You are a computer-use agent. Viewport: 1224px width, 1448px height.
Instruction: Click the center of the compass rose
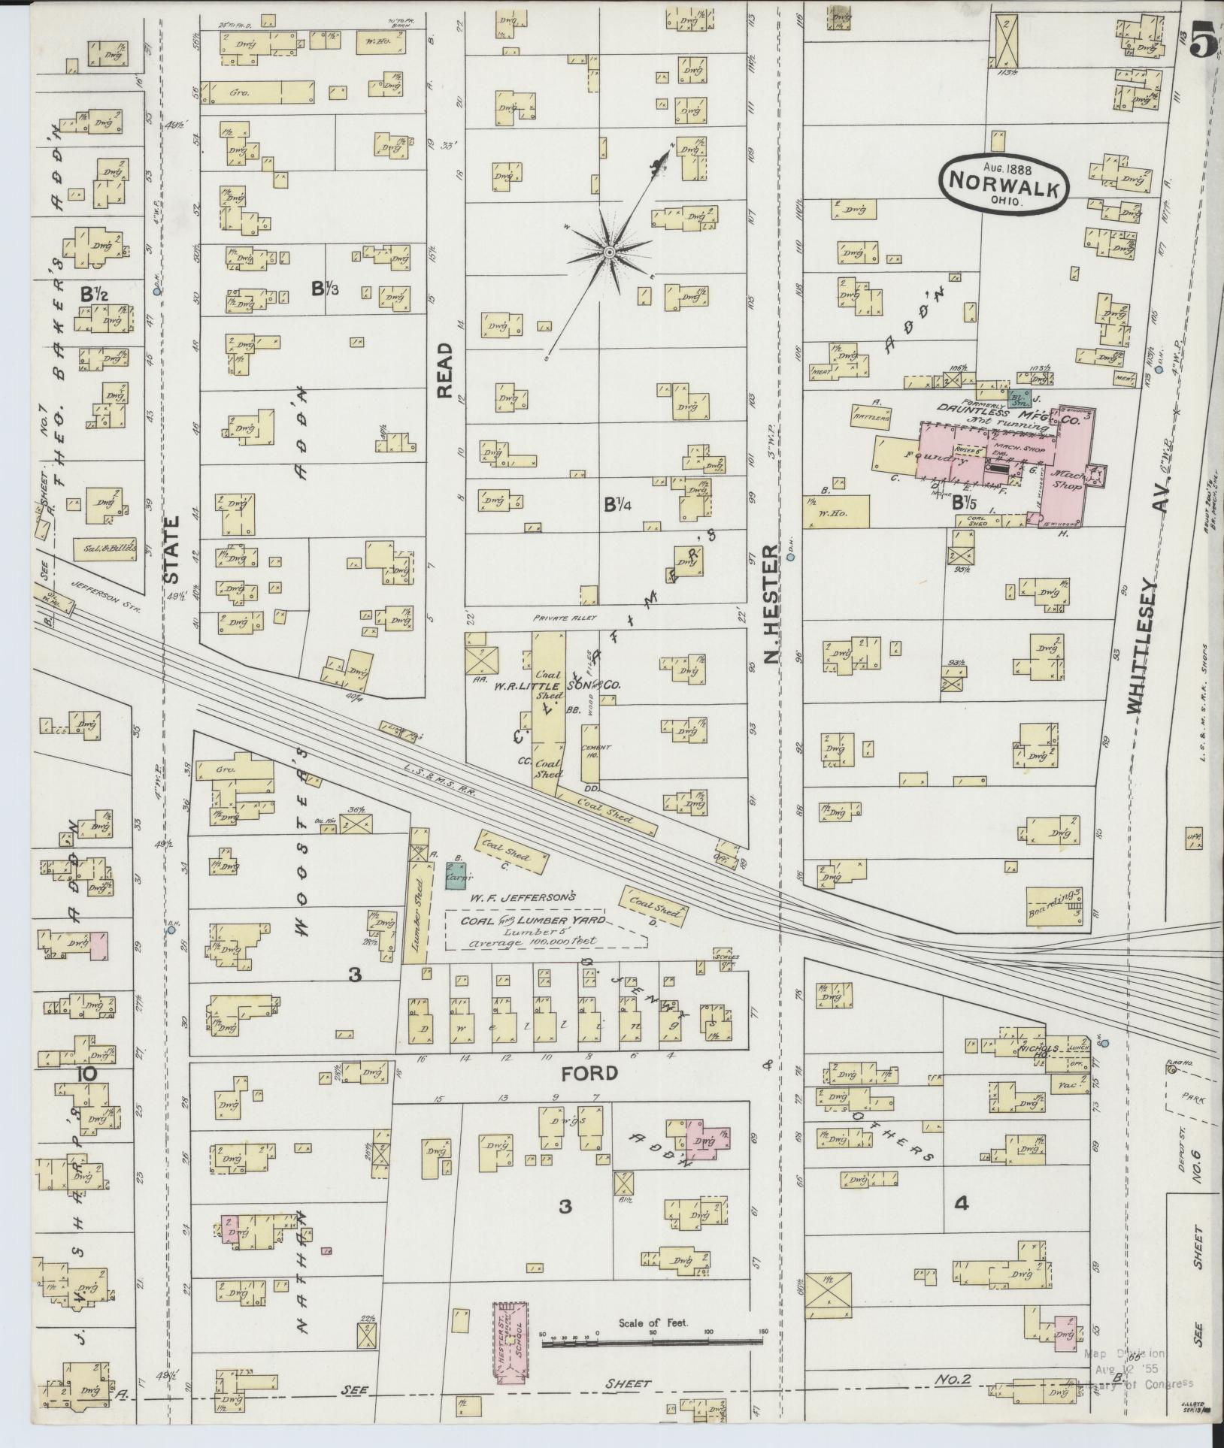[609, 250]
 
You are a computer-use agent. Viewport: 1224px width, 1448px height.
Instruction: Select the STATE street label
[172, 549]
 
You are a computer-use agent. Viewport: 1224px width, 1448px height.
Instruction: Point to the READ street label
[445, 370]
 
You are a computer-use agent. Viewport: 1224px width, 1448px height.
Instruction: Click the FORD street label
[597, 1072]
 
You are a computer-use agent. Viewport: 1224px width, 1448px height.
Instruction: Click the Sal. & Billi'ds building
[109, 547]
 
